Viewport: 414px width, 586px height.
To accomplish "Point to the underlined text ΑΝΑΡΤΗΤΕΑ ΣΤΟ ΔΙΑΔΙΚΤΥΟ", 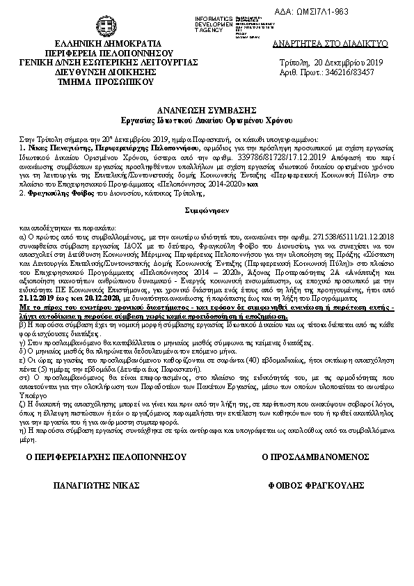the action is pyautogui.click(x=330, y=43).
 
